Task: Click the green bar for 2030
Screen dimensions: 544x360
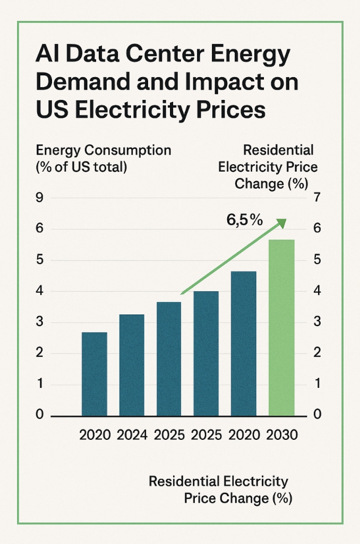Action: pyautogui.click(x=281, y=327)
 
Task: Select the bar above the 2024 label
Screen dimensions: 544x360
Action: pyautogui.click(x=132, y=364)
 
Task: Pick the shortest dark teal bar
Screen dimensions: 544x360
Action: pyautogui.click(x=95, y=373)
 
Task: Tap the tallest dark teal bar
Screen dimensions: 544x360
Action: pyautogui.click(x=244, y=343)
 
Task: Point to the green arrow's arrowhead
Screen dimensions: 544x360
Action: pyautogui.click(x=282, y=224)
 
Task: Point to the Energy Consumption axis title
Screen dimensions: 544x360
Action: pyautogui.click(x=104, y=150)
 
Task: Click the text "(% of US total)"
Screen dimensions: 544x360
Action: pyautogui.click(x=81, y=167)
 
